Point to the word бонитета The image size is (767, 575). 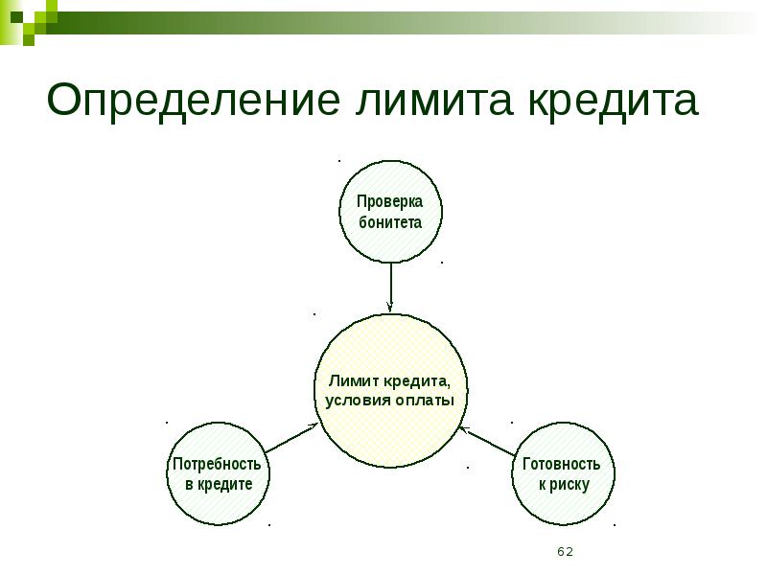pos(390,222)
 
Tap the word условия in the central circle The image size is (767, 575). pos(357,400)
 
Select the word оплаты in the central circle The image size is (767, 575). pos(424,400)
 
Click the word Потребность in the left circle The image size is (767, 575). pos(218,464)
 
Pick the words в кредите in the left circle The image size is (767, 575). pos(218,484)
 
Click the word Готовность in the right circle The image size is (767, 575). pos(563,464)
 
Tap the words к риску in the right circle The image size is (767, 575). pos(563,484)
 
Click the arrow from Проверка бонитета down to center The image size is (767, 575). pos(390,286)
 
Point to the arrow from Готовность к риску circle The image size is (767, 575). pos(490,441)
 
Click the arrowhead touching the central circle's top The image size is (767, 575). pos(390,305)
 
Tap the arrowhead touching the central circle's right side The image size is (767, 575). pos(463,428)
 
